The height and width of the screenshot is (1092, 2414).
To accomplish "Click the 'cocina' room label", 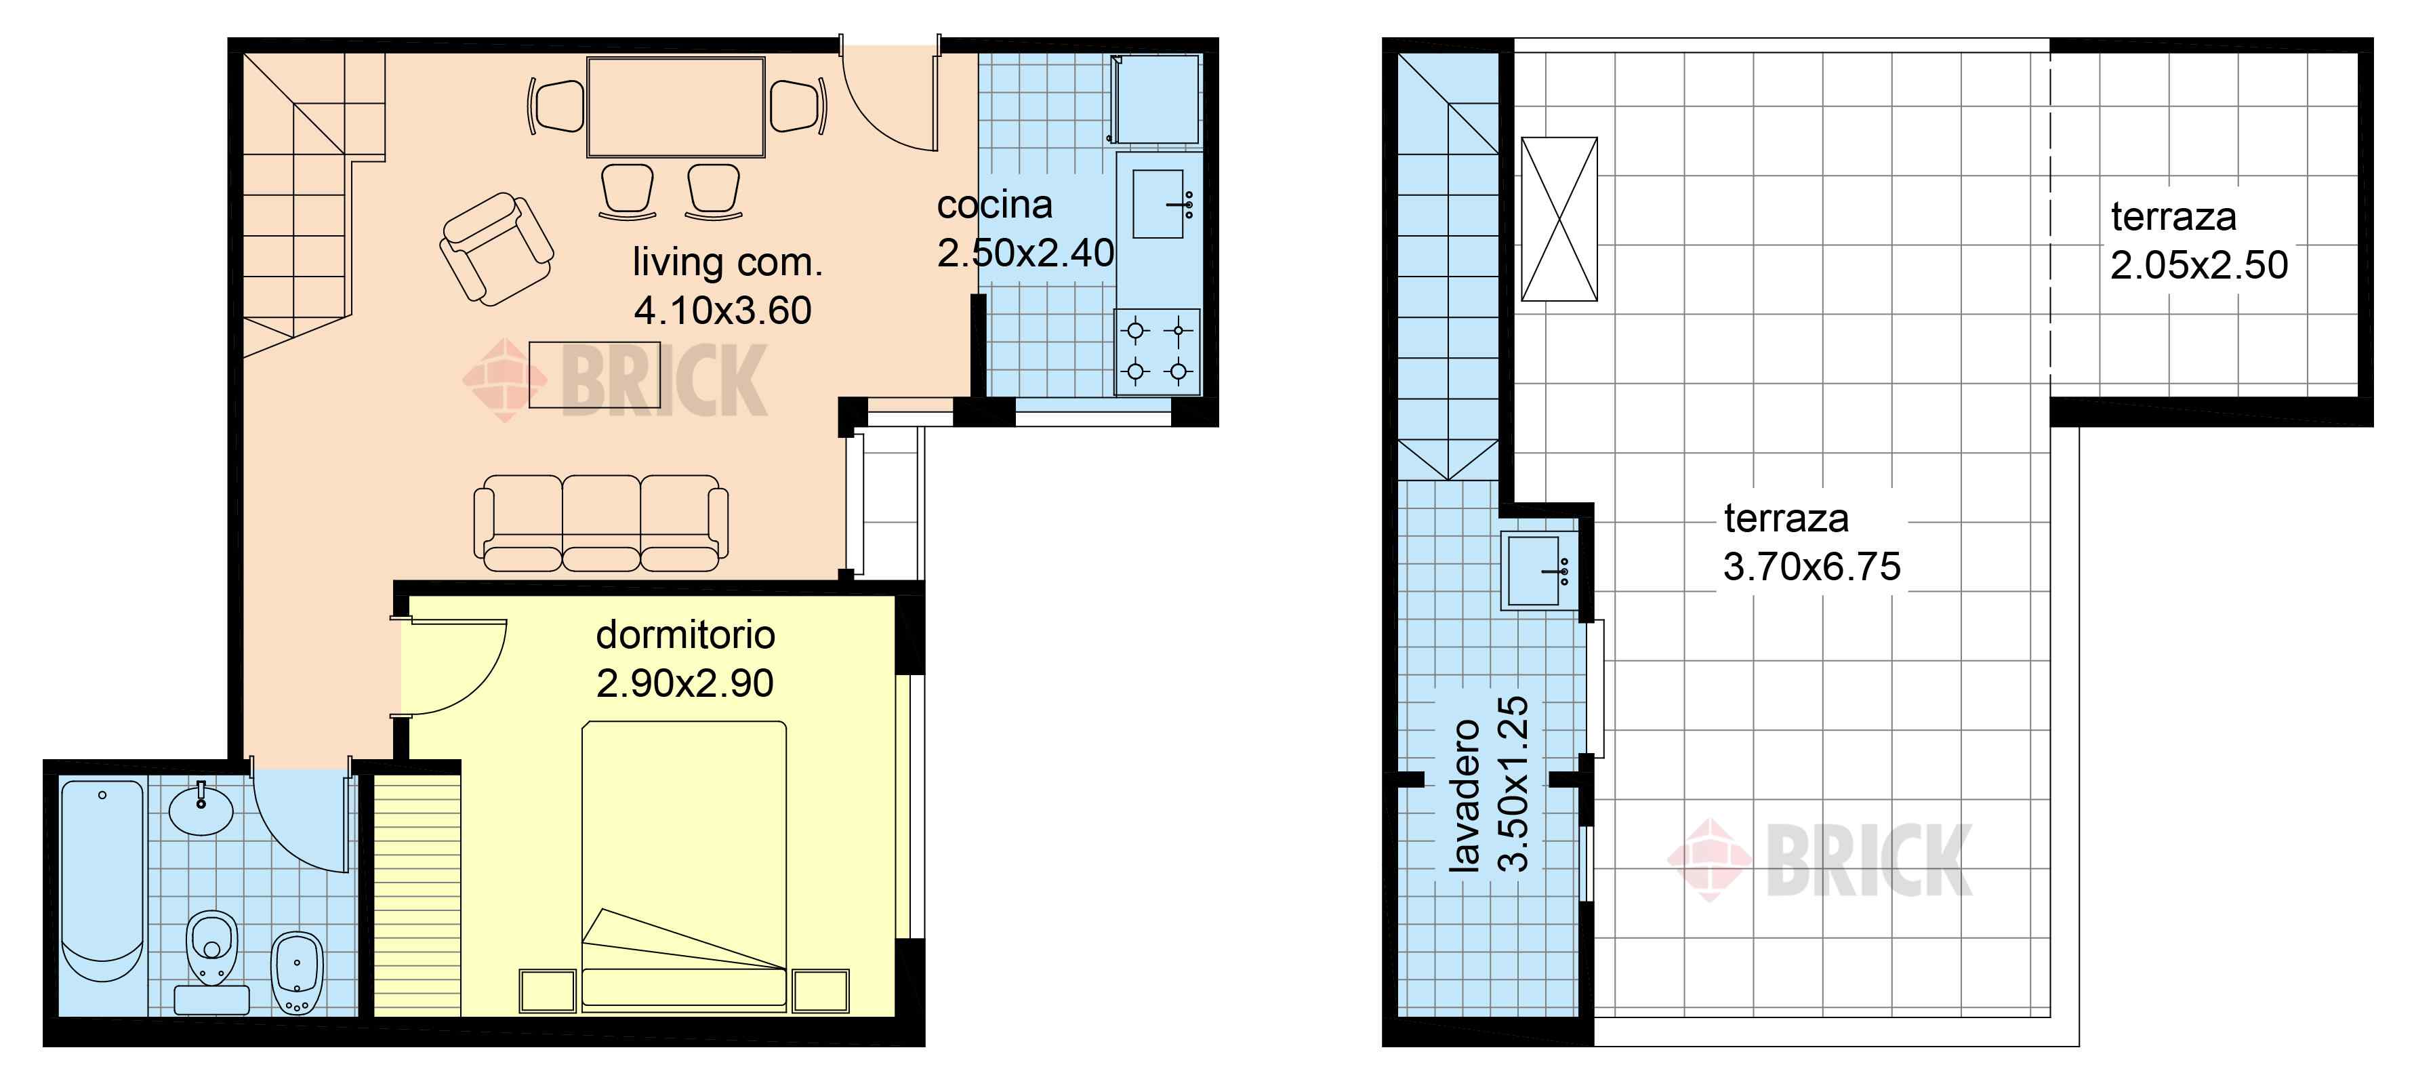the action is (x=994, y=205).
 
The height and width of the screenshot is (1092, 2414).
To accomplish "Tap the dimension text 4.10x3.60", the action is (x=722, y=310).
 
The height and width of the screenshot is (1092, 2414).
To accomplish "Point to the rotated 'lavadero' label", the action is (x=1465, y=796).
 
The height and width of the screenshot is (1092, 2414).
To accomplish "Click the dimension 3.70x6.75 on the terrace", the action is (x=1812, y=566).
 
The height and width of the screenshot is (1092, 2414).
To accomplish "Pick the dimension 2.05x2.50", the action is (x=2198, y=265).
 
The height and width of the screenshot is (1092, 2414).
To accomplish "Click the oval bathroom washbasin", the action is (x=201, y=810).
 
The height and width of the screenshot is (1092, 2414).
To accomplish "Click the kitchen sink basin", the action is (x=1158, y=203).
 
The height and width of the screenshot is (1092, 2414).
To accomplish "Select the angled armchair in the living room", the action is (x=497, y=248).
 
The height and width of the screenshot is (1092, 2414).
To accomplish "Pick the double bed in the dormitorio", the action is (x=684, y=866).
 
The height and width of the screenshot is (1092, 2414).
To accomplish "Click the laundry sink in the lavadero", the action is (x=1535, y=570).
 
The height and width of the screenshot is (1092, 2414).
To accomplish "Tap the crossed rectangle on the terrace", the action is (x=1559, y=220).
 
